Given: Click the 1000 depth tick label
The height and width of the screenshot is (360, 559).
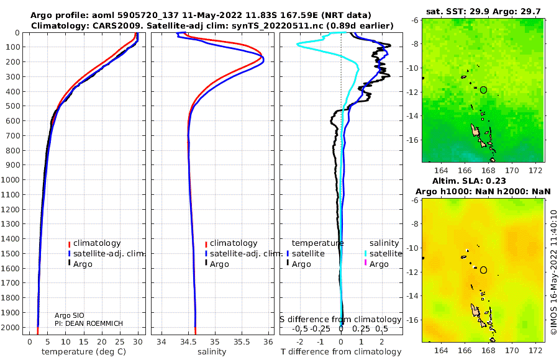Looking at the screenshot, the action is point(10,179).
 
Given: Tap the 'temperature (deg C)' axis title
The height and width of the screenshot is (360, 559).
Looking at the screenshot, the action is point(84,352).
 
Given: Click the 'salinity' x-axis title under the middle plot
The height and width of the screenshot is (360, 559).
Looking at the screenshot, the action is point(212,352).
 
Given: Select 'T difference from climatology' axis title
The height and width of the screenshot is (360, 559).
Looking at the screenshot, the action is point(341,352).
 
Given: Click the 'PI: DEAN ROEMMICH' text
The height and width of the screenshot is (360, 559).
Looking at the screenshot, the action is point(89,323).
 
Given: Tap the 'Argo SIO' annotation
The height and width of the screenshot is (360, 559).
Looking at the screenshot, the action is point(70,315).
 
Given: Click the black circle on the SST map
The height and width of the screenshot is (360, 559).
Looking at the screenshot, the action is point(483,90).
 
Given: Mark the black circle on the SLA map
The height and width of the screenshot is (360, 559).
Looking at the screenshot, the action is point(483,270).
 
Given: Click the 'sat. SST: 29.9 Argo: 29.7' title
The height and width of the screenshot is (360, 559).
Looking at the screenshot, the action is point(483,11).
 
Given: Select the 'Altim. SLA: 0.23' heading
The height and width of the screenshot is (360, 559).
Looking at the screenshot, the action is point(469,181).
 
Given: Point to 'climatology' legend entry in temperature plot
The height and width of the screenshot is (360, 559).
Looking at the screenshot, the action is point(94,243).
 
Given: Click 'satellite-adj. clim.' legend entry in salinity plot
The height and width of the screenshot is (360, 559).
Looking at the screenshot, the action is point(244,254).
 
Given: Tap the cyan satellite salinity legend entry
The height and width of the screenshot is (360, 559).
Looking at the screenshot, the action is point(383,254).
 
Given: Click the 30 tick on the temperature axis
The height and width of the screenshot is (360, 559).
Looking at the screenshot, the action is point(138,342).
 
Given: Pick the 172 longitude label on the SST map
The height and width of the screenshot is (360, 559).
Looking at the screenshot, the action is point(535,171).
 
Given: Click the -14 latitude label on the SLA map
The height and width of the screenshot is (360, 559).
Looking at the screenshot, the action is point(413,296).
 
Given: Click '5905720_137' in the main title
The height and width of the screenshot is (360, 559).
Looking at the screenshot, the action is point(155,16).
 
